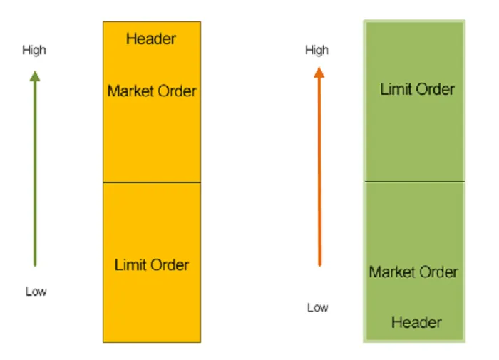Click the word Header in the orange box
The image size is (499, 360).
(x=151, y=38)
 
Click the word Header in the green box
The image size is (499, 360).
(x=416, y=322)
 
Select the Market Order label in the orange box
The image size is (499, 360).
(x=152, y=91)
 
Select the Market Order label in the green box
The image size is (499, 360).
(x=413, y=272)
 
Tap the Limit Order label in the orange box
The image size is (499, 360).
(x=152, y=265)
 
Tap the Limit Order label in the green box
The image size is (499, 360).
(x=417, y=90)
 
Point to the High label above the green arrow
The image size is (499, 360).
(x=34, y=50)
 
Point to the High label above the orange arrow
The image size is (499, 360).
(x=317, y=50)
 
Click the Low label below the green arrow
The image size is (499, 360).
(x=36, y=292)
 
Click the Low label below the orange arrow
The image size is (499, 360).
(x=318, y=307)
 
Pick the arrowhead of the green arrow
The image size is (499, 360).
(x=34, y=74)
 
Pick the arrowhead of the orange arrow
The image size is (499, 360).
(x=319, y=72)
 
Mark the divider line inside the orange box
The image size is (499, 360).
(x=152, y=182)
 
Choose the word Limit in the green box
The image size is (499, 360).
(x=394, y=90)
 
